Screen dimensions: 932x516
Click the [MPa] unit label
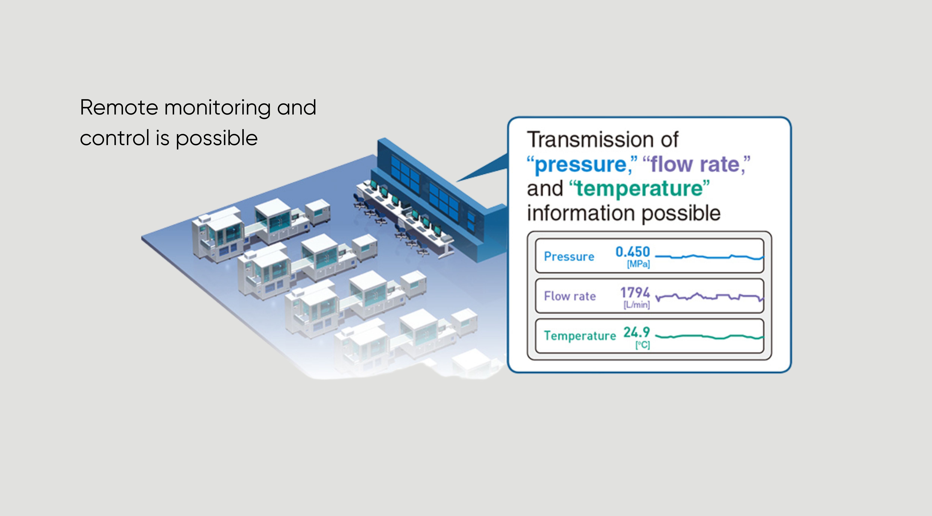(639, 264)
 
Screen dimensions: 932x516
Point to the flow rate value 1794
(635, 292)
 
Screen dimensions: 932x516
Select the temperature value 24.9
(637, 332)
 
